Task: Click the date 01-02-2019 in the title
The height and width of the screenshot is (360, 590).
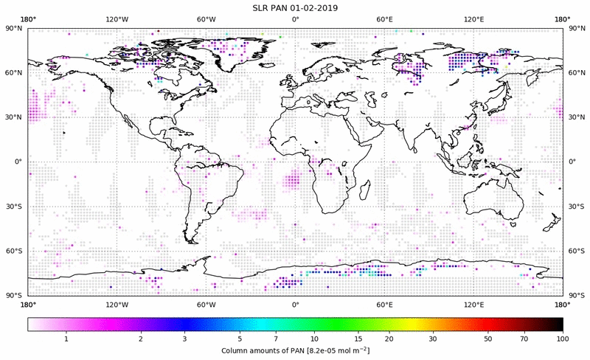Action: point(316,7)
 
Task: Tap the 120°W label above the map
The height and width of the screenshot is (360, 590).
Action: point(117,19)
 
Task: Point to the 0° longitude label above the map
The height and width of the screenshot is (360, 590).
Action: point(295,19)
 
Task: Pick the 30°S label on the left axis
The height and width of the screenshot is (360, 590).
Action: point(15,207)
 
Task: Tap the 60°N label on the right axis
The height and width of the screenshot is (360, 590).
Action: point(575,72)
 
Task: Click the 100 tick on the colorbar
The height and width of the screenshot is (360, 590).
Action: point(562,339)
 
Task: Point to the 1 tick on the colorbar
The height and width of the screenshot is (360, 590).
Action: point(66,339)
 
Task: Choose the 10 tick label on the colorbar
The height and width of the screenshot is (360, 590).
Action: point(315,339)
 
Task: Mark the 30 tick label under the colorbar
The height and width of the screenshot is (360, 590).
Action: point(434,339)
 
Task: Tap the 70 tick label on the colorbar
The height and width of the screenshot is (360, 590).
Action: point(524,339)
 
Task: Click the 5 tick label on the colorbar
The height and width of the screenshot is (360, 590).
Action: point(240,339)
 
